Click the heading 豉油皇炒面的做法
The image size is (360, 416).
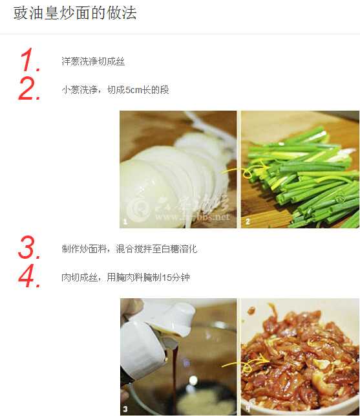click(x=75, y=14)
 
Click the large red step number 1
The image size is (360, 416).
click(x=30, y=61)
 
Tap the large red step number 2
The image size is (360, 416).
click(x=30, y=89)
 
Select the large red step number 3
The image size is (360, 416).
click(x=30, y=248)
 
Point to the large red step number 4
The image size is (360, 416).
click(x=30, y=277)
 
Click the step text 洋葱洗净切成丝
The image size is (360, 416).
click(x=93, y=61)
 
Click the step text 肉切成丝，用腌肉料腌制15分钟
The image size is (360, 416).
click(x=125, y=278)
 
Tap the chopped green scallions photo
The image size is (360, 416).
click(x=300, y=169)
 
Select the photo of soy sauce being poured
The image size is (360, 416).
click(x=178, y=356)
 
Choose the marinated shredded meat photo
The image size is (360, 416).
click(x=300, y=356)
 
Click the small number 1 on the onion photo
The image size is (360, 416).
click(x=124, y=222)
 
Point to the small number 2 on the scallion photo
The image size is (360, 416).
click(x=247, y=222)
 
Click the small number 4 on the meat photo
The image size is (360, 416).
click(x=247, y=409)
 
